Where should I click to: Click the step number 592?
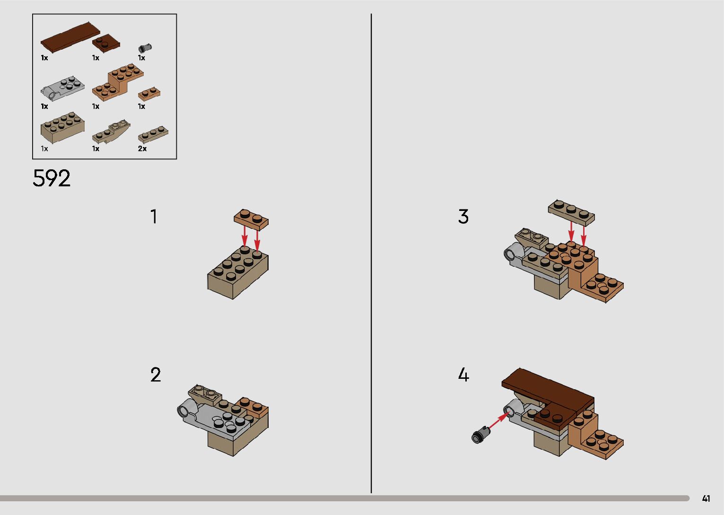pos(52,178)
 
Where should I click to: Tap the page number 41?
pos(706,498)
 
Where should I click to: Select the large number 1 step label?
pos(154,216)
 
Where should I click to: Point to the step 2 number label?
pos(156,375)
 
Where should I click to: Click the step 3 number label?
pos(463,216)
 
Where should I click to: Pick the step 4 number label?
pos(463,375)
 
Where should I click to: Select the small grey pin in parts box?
pos(145,48)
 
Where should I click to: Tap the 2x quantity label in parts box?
pos(142,148)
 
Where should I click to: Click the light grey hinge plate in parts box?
pos(62,88)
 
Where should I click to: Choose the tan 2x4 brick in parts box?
pos(62,127)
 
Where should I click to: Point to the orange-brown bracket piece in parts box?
pos(118,82)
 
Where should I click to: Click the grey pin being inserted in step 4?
pos(481,435)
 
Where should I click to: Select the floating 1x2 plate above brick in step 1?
pos(251,219)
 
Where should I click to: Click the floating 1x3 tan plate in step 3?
pos(571,212)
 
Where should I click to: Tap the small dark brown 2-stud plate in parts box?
pos(106,44)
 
